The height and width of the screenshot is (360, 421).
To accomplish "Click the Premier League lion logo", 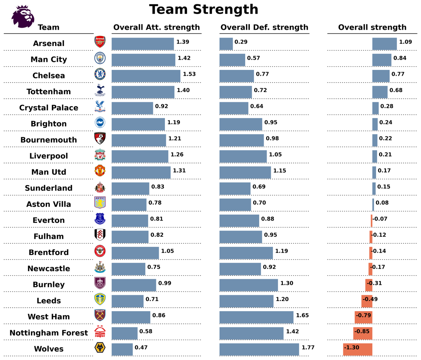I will pyautogui.click(x=23, y=17).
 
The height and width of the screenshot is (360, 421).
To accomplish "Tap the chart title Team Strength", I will pyautogui.click(x=203, y=9).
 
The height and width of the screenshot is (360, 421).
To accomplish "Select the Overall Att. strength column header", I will pyautogui.click(x=156, y=27).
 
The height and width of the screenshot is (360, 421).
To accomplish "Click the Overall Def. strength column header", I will pyautogui.click(x=264, y=27).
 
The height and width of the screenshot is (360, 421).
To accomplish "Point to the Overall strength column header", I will pyautogui.click(x=372, y=27).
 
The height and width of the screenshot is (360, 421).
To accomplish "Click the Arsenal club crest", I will pyautogui.click(x=100, y=42).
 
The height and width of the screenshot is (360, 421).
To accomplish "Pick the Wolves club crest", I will pyautogui.click(x=100, y=348).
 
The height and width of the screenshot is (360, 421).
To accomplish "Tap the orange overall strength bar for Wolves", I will pyautogui.click(x=357, y=349).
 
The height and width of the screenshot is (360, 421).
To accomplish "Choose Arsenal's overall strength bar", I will pyautogui.click(x=385, y=44).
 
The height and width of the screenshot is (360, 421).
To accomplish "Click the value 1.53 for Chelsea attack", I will pyautogui.click(x=189, y=74).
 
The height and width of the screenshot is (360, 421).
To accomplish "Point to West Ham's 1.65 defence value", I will pyautogui.click(x=302, y=315).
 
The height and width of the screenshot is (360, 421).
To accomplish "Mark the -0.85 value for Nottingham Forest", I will pyautogui.click(x=362, y=332).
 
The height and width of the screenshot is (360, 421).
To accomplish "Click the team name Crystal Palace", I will pyautogui.click(x=49, y=108).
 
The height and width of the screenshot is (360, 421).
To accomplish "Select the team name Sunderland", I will pyautogui.click(x=49, y=188).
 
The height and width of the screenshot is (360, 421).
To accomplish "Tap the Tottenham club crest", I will pyautogui.click(x=100, y=90).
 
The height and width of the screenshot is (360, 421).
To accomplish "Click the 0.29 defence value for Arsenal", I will pyautogui.click(x=241, y=42).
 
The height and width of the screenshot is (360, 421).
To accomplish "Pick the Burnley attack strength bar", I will pyautogui.click(x=134, y=285).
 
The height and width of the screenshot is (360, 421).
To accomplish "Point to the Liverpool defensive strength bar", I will pyautogui.click(x=243, y=157).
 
